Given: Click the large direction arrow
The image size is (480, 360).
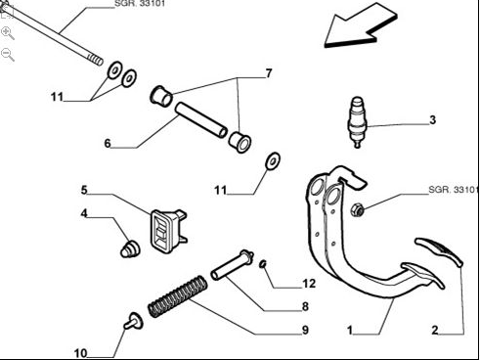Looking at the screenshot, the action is tap(360, 25).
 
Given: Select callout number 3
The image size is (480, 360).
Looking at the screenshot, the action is tap(432, 120).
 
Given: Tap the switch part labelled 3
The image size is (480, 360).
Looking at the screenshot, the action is tap(358, 122).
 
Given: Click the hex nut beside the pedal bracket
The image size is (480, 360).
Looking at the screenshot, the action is tap(358, 209).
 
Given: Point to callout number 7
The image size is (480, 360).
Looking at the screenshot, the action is tap(269, 73).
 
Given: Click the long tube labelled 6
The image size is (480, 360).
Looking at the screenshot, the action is tap(201, 119).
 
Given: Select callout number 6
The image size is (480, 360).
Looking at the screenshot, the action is tap(108, 143).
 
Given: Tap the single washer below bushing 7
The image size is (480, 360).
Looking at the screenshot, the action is tap(273, 160).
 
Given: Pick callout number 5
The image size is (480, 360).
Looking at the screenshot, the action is tap(84, 190).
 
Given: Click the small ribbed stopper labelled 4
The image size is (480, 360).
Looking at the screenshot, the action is tap(130, 248).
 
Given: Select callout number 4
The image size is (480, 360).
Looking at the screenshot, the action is tap(84, 213).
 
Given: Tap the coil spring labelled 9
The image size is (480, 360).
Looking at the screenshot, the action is tap(178, 296).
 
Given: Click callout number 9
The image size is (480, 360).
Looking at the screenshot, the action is tap(305, 330).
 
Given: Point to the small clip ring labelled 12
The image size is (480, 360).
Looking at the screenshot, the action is tap(263, 264).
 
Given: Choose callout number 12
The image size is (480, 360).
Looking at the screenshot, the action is tap(309, 284).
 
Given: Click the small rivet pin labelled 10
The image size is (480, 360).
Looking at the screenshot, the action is tap(133, 321).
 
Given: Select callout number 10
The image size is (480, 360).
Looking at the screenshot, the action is tap(80, 353).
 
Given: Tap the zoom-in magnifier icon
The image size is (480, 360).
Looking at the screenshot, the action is tap(8, 33).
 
